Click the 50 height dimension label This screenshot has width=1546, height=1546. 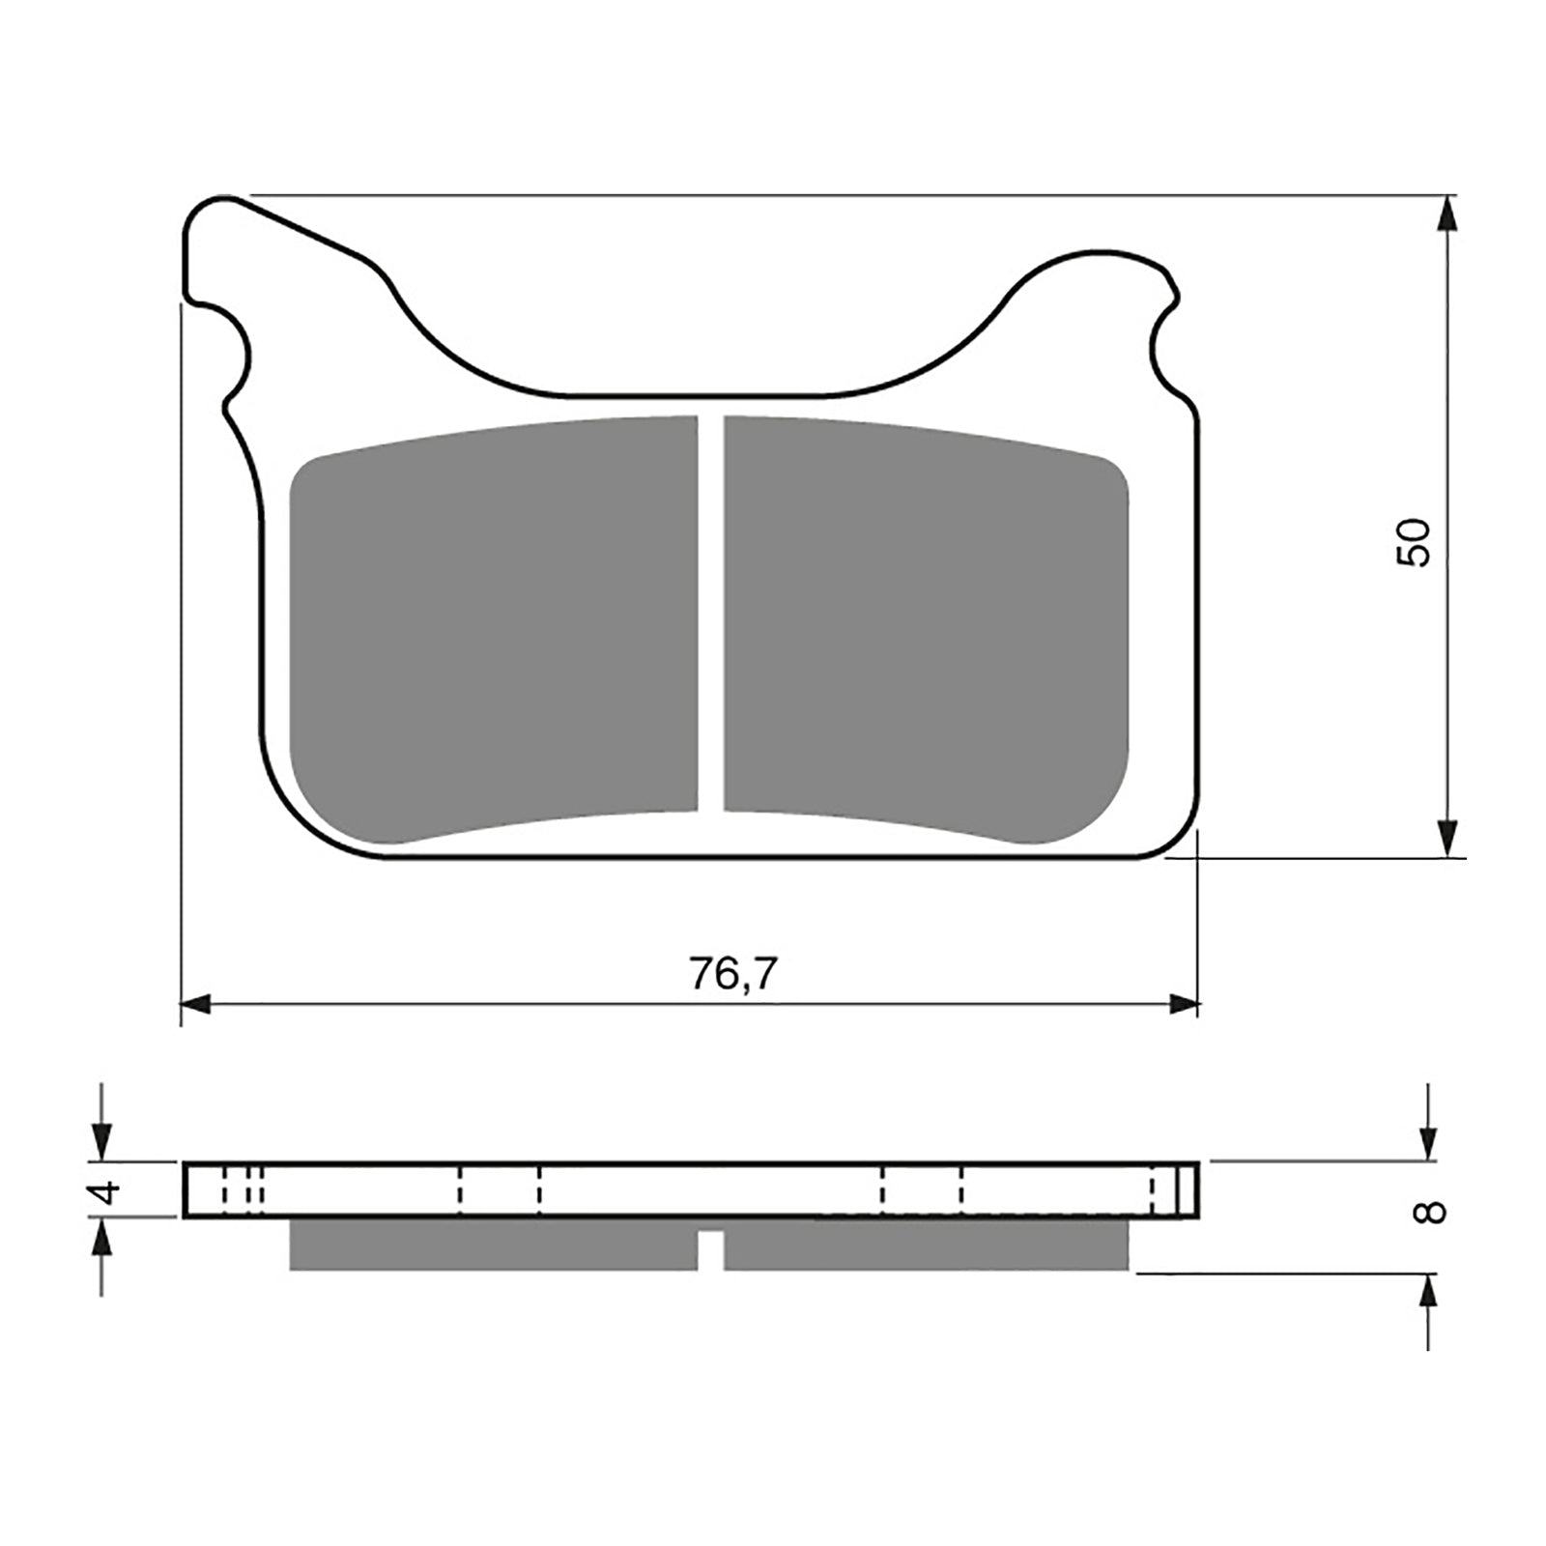pos(1414,542)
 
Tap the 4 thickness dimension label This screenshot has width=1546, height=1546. pos(106,1190)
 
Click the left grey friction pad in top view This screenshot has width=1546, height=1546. pos(494,629)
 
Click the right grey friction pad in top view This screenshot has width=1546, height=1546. pos(926,629)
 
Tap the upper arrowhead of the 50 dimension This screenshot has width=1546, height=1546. pos(1446,213)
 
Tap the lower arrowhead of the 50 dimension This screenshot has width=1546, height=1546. pos(1446,839)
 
